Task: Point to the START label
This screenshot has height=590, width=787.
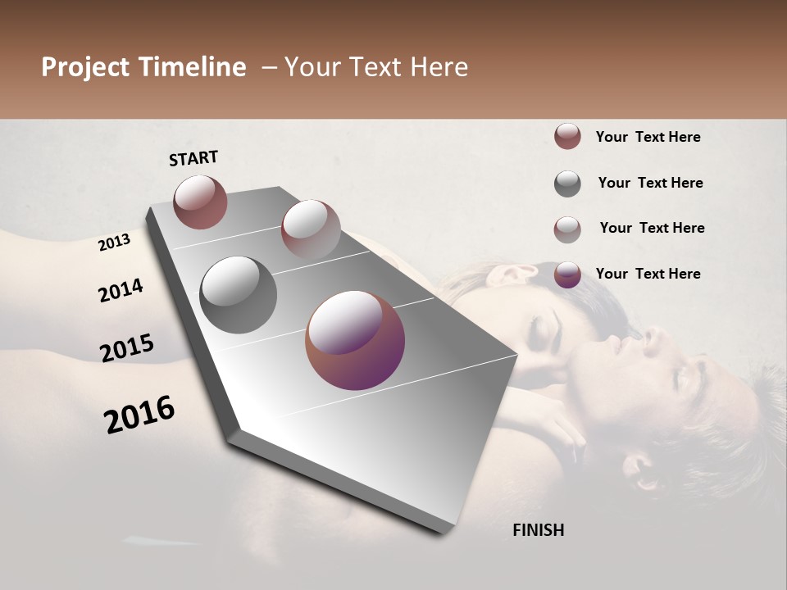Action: point(193,158)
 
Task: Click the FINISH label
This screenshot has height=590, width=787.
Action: point(539,530)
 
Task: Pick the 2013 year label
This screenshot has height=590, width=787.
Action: point(114,243)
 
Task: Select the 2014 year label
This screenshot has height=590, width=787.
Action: point(121,290)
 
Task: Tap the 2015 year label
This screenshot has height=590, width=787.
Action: point(127,348)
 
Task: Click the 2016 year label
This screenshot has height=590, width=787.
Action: point(139,415)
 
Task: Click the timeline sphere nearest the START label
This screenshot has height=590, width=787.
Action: point(200,202)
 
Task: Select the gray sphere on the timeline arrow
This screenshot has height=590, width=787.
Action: point(239,295)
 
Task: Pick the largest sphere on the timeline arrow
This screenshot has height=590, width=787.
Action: point(355,340)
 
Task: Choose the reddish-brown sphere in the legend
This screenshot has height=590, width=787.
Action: point(567,136)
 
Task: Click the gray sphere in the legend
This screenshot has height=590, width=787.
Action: point(567,184)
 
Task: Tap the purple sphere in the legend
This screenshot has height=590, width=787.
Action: point(567,275)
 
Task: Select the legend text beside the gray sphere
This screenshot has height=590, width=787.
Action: point(650,183)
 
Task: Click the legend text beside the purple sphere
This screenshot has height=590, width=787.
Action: point(648,274)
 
